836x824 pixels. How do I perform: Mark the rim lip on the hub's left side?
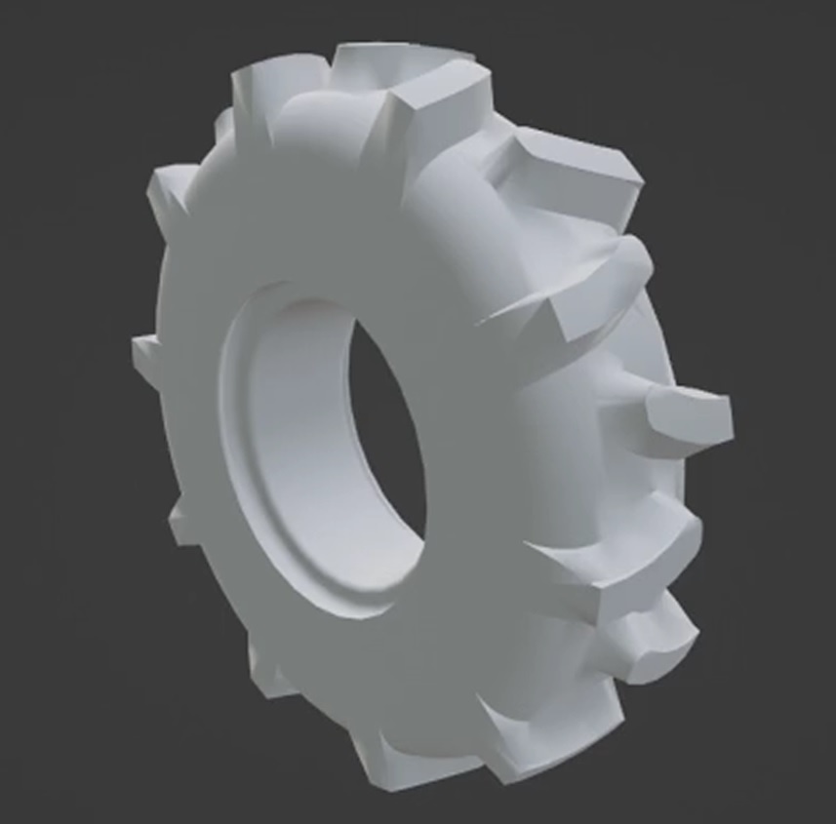pos(234,439)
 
